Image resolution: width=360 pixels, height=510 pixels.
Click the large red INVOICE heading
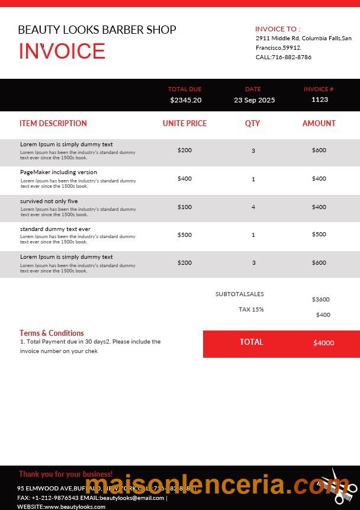62,52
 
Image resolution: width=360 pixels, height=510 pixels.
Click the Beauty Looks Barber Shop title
97,30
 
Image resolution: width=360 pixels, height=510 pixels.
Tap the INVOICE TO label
278,28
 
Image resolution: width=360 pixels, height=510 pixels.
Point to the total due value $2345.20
185,100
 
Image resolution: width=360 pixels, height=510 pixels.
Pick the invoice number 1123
319,100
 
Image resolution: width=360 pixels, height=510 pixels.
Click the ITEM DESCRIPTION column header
53,124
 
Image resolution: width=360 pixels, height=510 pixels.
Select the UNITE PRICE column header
185,124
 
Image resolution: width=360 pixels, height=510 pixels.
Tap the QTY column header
253,124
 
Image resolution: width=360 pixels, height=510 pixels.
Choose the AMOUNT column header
319,124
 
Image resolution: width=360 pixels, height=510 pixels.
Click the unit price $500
185,235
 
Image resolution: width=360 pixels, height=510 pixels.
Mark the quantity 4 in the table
253,207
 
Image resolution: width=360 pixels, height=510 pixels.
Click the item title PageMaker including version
59,172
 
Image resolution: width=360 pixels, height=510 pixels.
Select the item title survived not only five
49,201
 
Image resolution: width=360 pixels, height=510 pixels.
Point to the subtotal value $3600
321,300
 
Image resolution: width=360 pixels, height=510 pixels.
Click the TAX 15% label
251,310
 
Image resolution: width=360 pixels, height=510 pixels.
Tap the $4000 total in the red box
323,343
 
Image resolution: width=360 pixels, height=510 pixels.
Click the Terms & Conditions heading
52,333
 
